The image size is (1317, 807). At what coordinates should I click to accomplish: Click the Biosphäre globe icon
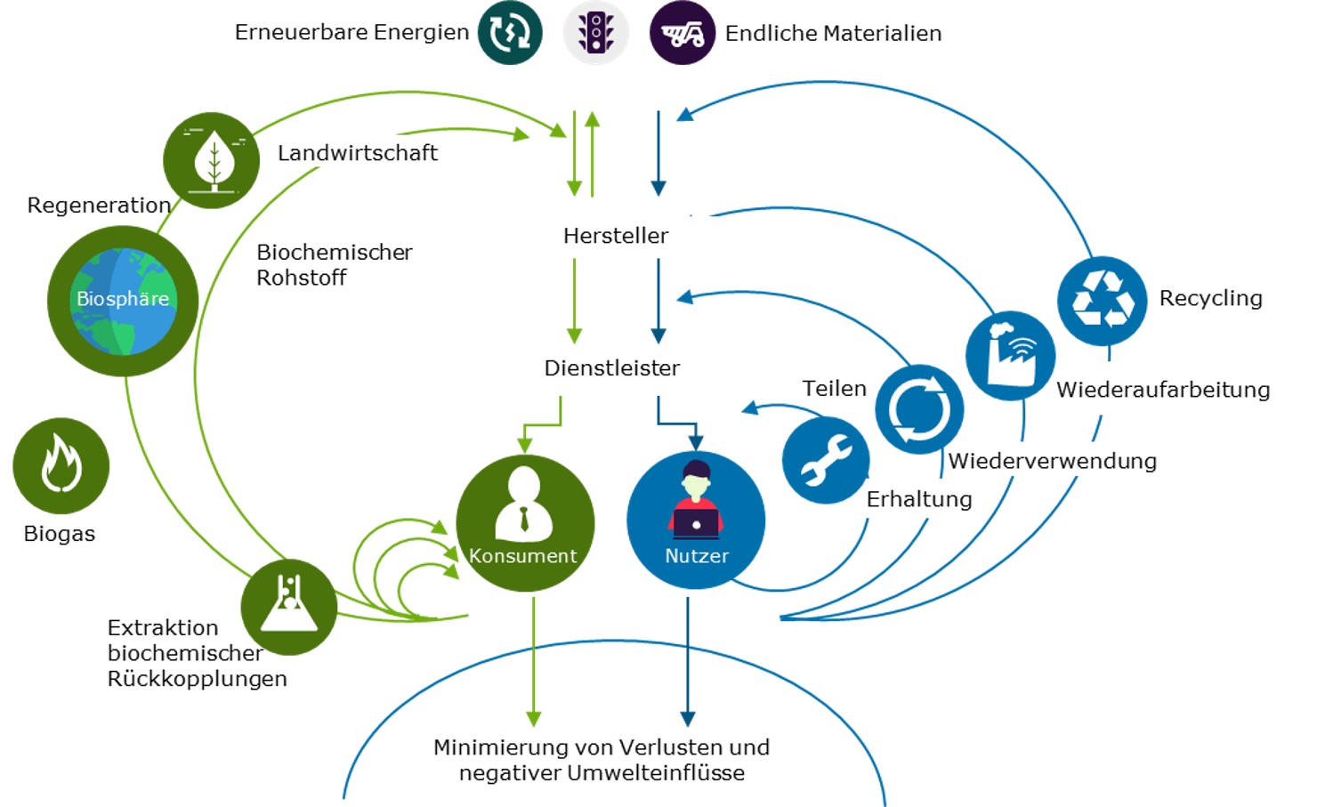[x=123, y=301]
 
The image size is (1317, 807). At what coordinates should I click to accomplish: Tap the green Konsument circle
[x=525, y=523]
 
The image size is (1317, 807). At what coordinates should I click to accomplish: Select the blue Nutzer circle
[x=696, y=521]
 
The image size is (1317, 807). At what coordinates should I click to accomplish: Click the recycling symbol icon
[x=1102, y=301]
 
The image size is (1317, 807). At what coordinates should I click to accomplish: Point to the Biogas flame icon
[x=61, y=465]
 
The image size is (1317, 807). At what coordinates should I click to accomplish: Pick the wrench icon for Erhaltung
[x=825, y=460]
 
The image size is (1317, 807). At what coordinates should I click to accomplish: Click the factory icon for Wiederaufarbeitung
[x=1010, y=354]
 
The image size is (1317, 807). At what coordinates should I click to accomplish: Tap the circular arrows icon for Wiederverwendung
[x=919, y=409]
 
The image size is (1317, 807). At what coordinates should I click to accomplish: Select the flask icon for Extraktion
[x=288, y=607]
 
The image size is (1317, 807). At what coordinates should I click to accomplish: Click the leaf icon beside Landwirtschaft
[x=212, y=160]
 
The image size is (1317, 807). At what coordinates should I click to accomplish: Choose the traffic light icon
[x=595, y=33]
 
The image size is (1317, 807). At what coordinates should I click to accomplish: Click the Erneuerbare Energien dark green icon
[x=510, y=33]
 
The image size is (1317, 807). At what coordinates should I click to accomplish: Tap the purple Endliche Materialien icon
[x=682, y=33]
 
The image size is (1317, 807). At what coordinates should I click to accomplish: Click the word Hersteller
[x=616, y=236]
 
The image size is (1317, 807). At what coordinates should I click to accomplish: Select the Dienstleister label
[x=611, y=368]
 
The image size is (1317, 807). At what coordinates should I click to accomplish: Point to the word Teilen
[x=834, y=389]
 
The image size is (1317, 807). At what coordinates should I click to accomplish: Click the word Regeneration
[x=99, y=206]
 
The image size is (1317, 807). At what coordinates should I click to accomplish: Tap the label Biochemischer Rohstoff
[x=334, y=264]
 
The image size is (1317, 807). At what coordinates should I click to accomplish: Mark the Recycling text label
[x=1210, y=298]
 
